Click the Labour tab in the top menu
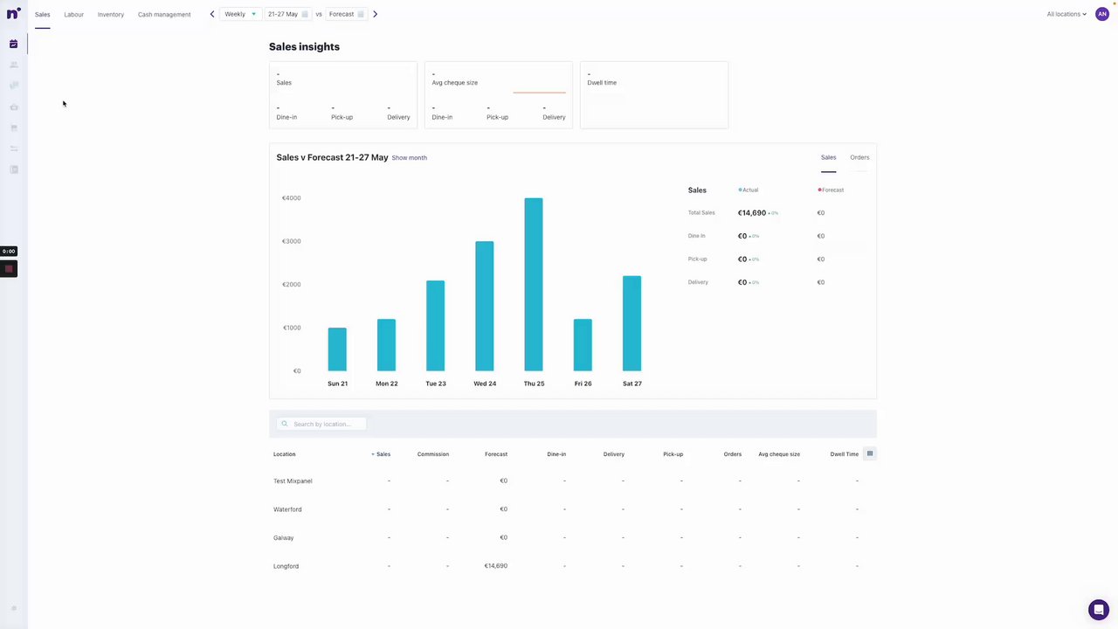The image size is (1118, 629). [73, 15]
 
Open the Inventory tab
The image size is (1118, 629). [111, 15]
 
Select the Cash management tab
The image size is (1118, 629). [164, 15]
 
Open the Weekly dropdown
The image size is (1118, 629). [240, 14]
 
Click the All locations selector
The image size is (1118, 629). [1066, 14]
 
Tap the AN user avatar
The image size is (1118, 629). [1102, 14]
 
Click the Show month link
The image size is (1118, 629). [409, 158]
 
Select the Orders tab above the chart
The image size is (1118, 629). [859, 157]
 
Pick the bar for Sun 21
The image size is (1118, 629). [337, 349]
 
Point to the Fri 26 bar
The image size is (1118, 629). [583, 345]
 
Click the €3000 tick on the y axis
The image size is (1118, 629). [291, 241]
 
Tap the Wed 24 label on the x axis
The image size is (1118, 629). [485, 384]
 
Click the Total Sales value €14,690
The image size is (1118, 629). [751, 213]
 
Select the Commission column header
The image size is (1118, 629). [432, 454]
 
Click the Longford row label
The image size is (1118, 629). [286, 566]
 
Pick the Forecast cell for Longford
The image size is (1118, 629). [495, 566]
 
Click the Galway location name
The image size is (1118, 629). [283, 538]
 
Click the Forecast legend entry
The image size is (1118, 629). [832, 190]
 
